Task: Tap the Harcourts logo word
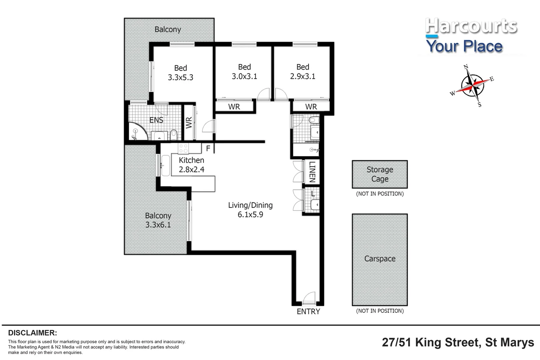tap(471, 26)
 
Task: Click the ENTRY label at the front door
tap(308, 311)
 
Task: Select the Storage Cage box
tap(380, 174)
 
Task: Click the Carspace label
tap(380, 259)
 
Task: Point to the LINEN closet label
tap(312, 172)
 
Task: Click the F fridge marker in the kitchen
tap(208, 148)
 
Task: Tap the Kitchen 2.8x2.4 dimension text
tap(191, 169)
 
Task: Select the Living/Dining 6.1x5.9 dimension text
tap(250, 214)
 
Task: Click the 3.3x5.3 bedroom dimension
tap(180, 77)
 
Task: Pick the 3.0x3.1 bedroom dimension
tap(244, 76)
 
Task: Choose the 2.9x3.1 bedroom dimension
tap(303, 76)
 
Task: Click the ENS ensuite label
tap(156, 120)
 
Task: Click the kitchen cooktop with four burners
tap(183, 148)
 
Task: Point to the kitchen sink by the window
tap(165, 165)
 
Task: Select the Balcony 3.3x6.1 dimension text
tap(158, 225)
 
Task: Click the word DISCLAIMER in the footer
tap(32, 333)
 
